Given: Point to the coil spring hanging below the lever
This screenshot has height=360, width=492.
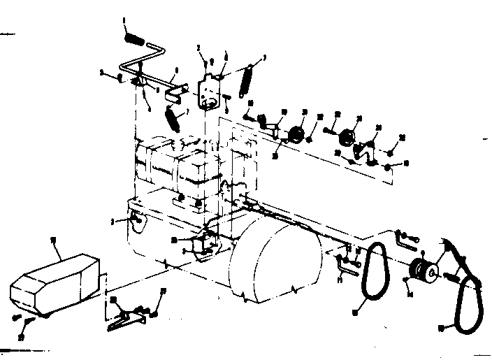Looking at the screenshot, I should click(173, 115).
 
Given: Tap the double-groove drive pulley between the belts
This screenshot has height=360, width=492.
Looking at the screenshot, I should click(423, 269).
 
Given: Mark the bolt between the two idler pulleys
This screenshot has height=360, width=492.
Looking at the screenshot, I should click(326, 131).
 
